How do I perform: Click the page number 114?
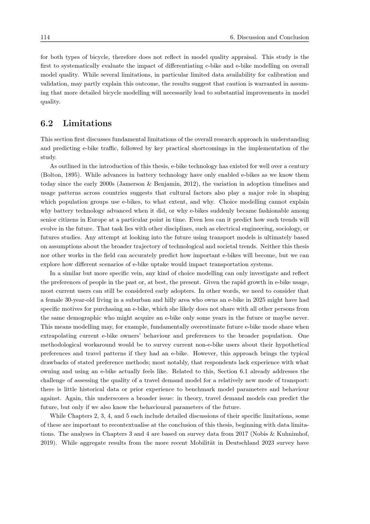coord(45,37)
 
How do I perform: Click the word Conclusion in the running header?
coord(294,37)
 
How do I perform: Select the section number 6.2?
coord(47,123)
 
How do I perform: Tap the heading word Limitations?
coord(87,123)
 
